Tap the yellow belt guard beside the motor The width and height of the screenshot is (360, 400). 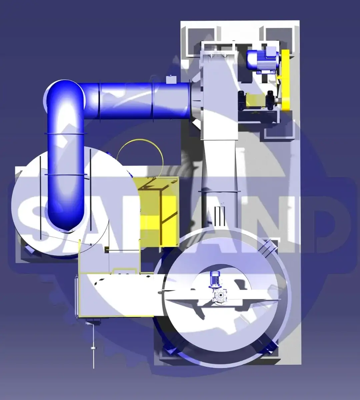coord(286,80)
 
